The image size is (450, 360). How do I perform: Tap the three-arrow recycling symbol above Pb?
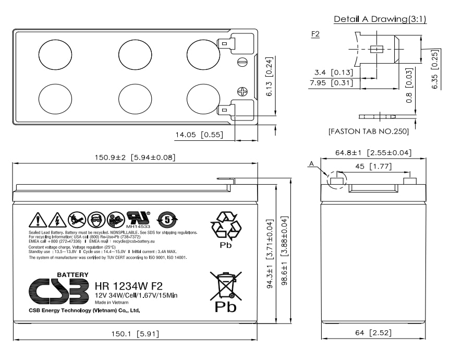coord(226,225)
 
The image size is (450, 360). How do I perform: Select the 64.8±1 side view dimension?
coord(373,153)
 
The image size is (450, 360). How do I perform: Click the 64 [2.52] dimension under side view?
coord(373,332)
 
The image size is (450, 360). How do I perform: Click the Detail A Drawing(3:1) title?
coord(380,19)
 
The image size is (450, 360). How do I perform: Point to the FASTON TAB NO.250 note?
coord(368,131)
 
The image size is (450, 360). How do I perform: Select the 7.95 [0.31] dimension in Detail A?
coord(331,82)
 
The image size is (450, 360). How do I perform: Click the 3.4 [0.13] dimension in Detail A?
coord(334,73)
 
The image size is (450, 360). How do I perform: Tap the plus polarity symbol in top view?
coord(242,91)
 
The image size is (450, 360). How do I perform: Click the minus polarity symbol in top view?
coord(242,63)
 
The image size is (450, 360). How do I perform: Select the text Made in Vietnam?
coord(112,302)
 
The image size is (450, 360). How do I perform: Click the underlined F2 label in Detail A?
coord(315,34)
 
